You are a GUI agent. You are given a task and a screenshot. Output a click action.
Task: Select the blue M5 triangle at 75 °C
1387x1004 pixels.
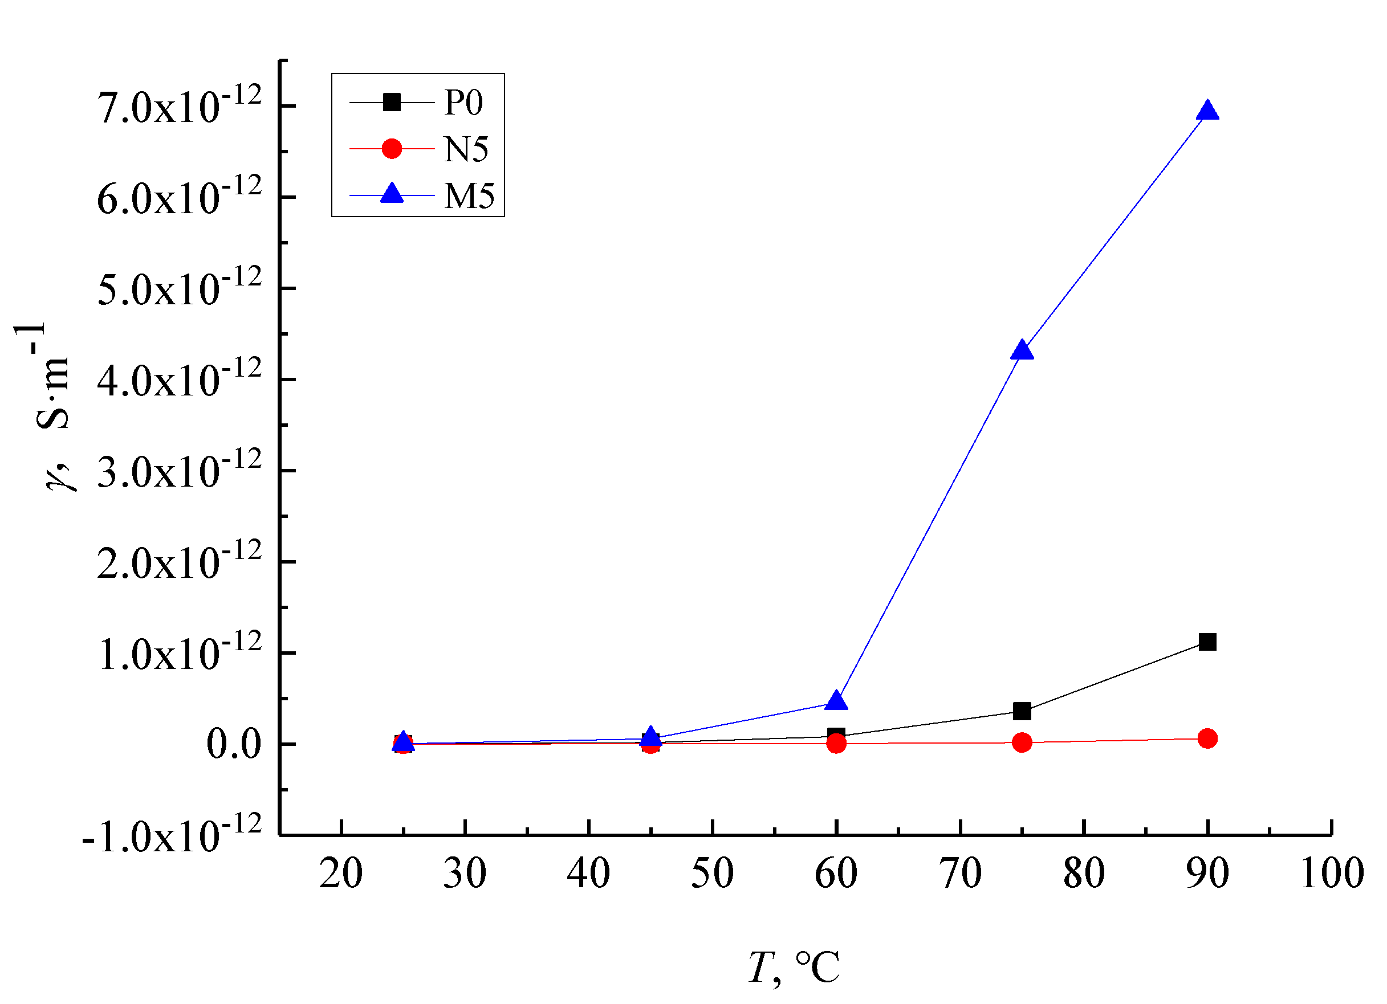[1022, 352]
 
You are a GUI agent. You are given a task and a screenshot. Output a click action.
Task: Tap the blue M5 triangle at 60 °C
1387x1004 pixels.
[836, 701]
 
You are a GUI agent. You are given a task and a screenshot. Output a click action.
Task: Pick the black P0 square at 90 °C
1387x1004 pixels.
[1207, 642]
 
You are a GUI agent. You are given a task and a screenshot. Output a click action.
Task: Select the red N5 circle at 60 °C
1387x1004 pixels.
[836, 743]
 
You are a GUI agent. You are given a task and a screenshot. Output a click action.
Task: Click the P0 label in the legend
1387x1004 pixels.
[463, 102]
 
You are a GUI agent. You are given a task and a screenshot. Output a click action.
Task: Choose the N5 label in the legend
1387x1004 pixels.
[466, 149]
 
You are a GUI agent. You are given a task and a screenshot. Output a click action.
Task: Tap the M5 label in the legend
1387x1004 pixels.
[469, 196]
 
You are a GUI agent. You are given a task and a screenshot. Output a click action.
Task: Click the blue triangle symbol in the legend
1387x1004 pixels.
[392, 194]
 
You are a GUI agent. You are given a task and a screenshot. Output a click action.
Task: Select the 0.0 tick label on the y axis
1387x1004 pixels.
[234, 744]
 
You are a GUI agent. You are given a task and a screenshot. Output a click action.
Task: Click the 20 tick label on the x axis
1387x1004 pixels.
[341, 874]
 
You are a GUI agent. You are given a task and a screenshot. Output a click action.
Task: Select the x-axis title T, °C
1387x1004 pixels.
[794, 968]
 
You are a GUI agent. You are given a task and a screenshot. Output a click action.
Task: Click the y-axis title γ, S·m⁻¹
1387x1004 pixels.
[52, 406]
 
